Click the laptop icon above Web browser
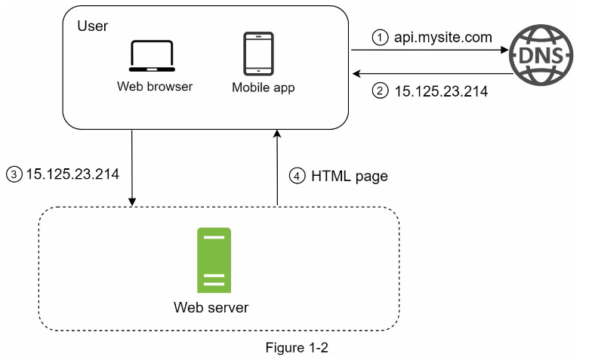pos(152,56)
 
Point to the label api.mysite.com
pos(443,35)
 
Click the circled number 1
pos(381,35)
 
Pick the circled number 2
pos(381,92)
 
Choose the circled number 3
pos(12,174)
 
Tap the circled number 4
pos(297,177)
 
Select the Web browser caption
pos(155,86)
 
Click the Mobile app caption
pos(263,88)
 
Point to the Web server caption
pos(211,307)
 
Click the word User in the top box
pos(93,26)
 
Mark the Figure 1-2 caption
pos(297,348)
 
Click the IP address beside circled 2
pos(442,92)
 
